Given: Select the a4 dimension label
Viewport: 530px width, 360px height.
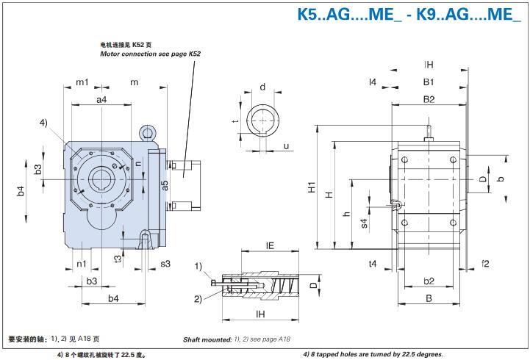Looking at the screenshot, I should [x=101, y=100].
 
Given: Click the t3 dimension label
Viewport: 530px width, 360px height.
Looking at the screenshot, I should [x=118, y=258].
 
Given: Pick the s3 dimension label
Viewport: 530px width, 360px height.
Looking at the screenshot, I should [x=165, y=262].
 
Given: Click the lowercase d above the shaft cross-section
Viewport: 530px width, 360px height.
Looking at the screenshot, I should [x=262, y=87].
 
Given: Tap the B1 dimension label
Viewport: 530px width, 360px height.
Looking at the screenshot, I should [x=428, y=82].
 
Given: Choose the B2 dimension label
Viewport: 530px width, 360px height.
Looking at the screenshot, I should [x=429, y=98].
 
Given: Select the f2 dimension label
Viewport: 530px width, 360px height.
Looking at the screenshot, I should [x=485, y=262].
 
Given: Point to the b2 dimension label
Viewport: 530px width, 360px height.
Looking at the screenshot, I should [x=429, y=281].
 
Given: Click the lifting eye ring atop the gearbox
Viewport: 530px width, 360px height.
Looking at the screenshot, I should [x=148, y=133].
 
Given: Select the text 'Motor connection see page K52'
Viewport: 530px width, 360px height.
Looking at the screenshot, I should [x=150, y=54].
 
